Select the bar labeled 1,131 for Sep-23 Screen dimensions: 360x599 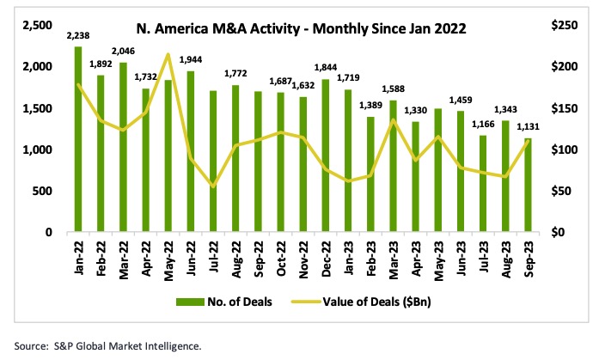[526, 185]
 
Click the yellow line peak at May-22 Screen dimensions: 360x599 [168, 55]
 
